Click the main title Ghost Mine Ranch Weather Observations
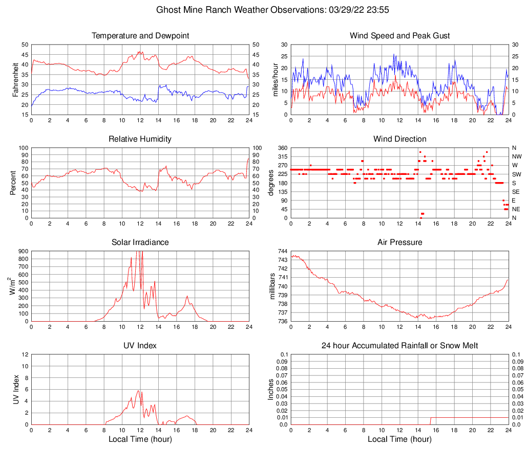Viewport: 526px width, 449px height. pos(267,10)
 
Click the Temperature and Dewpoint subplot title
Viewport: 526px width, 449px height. pos(140,36)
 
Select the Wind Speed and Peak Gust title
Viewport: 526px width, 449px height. pos(399,36)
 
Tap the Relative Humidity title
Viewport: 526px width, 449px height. pos(140,139)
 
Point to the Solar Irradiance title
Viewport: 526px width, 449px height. pos(140,242)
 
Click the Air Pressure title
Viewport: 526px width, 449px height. pos(399,242)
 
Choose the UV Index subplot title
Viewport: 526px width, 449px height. pos(140,346)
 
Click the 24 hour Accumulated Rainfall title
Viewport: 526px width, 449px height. pos(399,346)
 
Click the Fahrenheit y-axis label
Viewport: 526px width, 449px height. pos(16,79)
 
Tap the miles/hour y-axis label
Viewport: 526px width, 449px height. pos(276,79)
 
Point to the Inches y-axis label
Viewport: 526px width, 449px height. pos(272,389)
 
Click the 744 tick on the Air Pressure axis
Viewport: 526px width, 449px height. pos(282,251)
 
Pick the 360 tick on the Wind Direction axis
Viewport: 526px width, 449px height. pos(282,148)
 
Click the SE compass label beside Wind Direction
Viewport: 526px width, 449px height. pos(516,192)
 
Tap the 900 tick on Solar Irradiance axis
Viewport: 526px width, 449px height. pos(23,251)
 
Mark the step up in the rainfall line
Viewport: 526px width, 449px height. pos(431,421)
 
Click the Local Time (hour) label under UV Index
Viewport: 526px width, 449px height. pos(140,439)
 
